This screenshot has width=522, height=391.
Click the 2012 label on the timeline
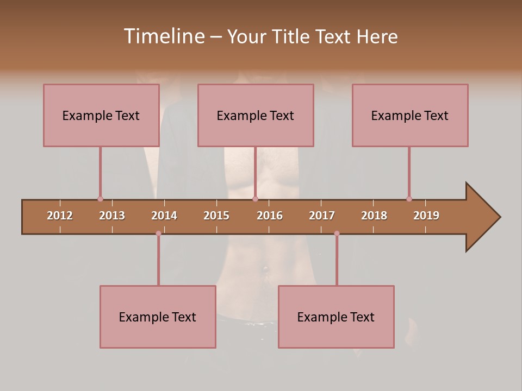[x=60, y=216]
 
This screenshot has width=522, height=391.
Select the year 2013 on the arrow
[x=112, y=216]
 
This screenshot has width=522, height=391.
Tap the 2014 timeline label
[x=164, y=216]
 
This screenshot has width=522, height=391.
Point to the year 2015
[x=216, y=216]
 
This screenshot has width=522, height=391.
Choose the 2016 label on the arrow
[x=270, y=216]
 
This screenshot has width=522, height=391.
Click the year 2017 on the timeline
[x=322, y=216]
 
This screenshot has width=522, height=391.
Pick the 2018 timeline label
[x=374, y=216]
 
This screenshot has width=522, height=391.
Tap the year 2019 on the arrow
[x=426, y=216]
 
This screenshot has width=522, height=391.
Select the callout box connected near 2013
[x=101, y=115]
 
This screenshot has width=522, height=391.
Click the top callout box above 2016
[x=256, y=115]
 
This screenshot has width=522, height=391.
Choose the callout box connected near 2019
[x=410, y=115]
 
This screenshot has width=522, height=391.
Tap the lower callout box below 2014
[x=158, y=317]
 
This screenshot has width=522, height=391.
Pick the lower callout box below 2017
[x=336, y=317]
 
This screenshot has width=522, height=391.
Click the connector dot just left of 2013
[x=100, y=199]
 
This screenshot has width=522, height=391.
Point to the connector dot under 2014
[x=158, y=234]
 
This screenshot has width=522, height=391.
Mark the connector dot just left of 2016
[x=255, y=199]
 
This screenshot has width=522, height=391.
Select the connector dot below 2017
[x=337, y=234]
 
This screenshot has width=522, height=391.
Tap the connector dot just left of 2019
[x=409, y=199]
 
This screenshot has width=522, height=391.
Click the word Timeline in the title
[x=164, y=36]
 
